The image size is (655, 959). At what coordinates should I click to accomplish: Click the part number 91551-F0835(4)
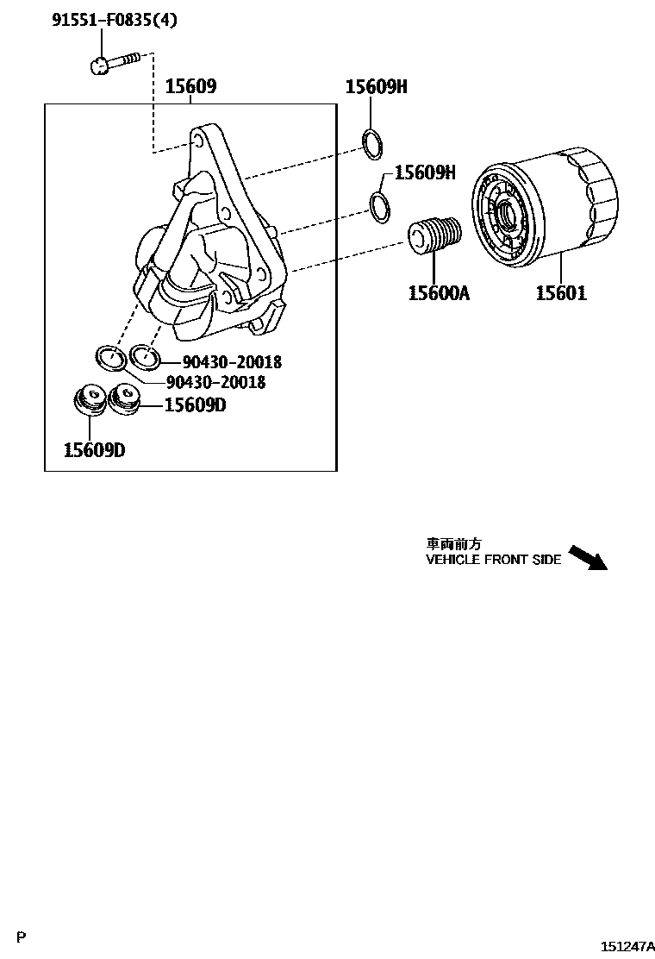click(115, 20)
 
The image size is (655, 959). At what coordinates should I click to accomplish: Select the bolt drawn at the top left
click(113, 61)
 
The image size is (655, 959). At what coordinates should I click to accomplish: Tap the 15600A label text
click(439, 293)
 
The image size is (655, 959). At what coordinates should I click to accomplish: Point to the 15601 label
click(561, 293)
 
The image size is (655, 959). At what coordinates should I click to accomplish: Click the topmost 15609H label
click(376, 86)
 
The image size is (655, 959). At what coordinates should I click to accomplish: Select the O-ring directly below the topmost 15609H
click(372, 144)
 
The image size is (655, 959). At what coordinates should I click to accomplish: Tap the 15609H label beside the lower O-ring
click(424, 172)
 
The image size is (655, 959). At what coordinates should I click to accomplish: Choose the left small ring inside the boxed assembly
click(108, 356)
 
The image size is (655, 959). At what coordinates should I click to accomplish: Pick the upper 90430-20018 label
click(232, 363)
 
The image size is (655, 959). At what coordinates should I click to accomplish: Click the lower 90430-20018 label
click(215, 381)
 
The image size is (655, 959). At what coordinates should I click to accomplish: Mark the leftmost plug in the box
click(88, 400)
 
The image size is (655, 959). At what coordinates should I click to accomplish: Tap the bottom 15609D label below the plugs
click(94, 449)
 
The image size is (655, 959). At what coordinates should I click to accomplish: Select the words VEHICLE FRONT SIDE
click(493, 560)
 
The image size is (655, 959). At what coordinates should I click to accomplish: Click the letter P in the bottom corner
click(22, 936)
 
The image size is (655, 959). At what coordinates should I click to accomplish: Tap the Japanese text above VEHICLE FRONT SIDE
click(453, 544)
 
